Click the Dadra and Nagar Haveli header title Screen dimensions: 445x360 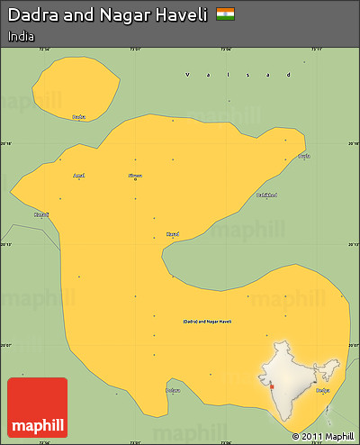(107, 15)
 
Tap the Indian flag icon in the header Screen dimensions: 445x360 (226, 14)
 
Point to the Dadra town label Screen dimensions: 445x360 (78, 117)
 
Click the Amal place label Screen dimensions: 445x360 (79, 176)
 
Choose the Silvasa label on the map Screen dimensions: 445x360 (135, 175)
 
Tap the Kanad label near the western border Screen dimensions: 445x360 (41, 214)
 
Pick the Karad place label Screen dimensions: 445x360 (173, 234)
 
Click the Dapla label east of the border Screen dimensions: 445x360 (304, 156)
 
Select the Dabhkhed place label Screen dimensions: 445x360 (266, 195)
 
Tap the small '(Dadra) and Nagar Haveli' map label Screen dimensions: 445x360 (207, 321)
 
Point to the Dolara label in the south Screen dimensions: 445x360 (173, 390)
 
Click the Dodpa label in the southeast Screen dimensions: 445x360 (322, 390)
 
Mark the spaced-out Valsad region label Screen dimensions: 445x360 (238, 75)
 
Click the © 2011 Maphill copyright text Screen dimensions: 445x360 (320, 437)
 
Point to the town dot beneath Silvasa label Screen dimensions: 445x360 (135, 180)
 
